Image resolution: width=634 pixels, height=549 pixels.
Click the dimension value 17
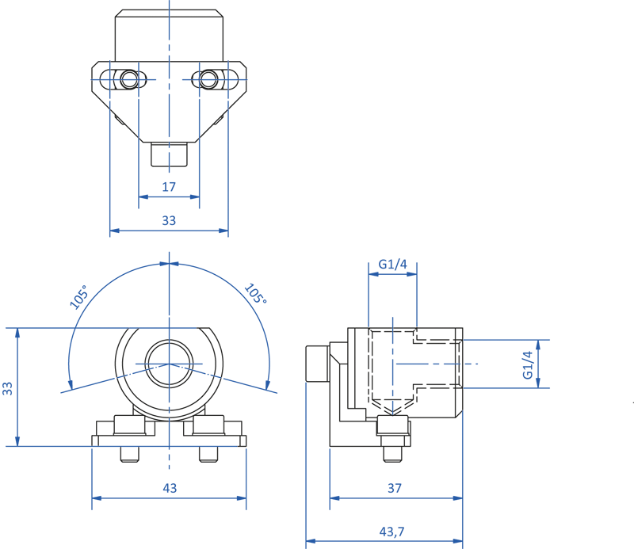coord(169,187)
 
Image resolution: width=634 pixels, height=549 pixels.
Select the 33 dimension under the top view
coord(169,220)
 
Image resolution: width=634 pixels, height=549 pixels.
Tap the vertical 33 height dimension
coord(8,388)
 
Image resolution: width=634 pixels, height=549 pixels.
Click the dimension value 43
coord(170,488)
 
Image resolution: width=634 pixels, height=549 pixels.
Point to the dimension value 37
coord(395,488)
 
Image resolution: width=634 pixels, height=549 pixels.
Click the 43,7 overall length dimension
coord(391,532)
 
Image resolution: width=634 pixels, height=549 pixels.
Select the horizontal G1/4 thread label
coord(392,264)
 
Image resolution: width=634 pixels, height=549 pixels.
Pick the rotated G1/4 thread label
coord(528,364)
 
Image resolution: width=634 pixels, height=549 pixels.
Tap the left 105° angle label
coord(78,297)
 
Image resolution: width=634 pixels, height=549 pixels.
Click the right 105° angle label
coord(255,294)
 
